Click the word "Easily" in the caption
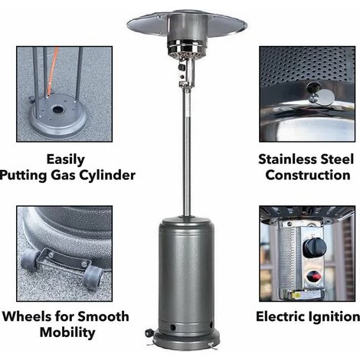(x=65, y=160)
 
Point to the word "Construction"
(x=308, y=175)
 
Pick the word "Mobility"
(x=67, y=332)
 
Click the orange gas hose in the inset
(x=53, y=71)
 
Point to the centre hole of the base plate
(x=58, y=110)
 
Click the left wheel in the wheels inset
(x=30, y=260)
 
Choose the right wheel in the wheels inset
(x=93, y=277)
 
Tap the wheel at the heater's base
(x=149, y=332)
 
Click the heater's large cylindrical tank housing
(x=186, y=275)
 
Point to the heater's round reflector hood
(x=187, y=25)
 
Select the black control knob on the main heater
(x=182, y=67)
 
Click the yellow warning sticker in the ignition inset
(x=297, y=296)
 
